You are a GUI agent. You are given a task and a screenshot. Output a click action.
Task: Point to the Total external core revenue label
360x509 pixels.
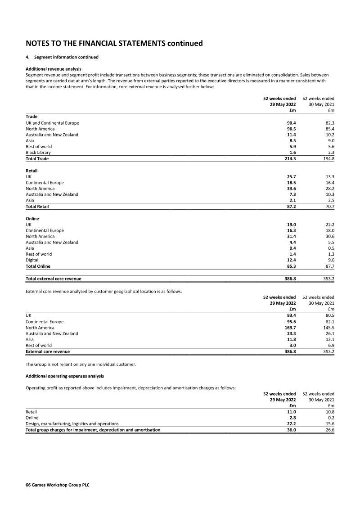coord(54,279)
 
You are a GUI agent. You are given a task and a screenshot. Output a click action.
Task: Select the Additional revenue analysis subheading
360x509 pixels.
coord(54,68)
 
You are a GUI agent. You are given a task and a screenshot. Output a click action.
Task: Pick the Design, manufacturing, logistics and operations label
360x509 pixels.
coord(72,424)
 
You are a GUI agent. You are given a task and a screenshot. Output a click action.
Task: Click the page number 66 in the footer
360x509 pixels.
coord(29,486)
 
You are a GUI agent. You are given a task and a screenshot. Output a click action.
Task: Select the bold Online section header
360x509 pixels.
coord(32,219)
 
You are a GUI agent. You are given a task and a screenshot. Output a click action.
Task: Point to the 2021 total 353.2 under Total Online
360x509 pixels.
coord(328,279)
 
